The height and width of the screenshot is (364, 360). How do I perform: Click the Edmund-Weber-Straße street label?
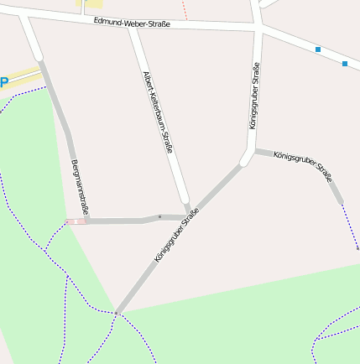[132, 23]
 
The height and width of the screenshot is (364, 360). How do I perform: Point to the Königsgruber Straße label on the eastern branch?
[302, 166]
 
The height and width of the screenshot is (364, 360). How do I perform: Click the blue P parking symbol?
[3, 82]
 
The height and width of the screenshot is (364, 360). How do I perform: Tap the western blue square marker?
[318, 49]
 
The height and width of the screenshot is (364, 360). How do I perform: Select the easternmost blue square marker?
[345, 63]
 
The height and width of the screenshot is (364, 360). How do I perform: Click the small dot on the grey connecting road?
[159, 217]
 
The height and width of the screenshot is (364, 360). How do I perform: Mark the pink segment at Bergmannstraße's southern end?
[76, 221]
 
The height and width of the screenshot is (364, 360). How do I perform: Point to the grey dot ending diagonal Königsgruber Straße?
[117, 313]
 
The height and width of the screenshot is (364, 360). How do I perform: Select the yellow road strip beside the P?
[24, 74]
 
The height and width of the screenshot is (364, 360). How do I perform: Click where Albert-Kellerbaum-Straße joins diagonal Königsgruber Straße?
[189, 215]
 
